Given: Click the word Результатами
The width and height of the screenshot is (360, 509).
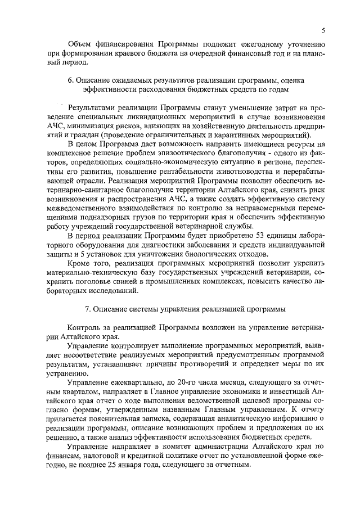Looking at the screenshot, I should [92, 107].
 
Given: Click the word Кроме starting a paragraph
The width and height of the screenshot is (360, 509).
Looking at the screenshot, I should [80, 263].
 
